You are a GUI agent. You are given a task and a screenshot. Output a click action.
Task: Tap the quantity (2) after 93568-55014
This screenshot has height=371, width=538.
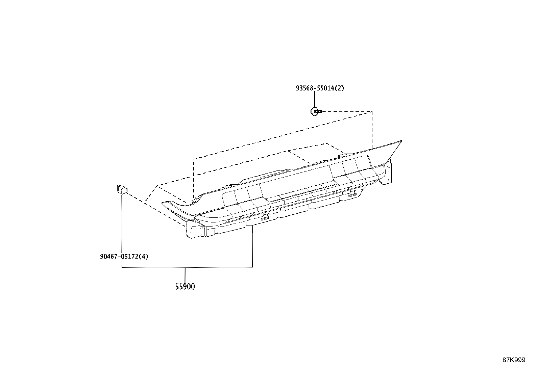coord(339,88)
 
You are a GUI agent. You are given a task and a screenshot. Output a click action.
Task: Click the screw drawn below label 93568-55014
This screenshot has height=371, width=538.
coord(316,111)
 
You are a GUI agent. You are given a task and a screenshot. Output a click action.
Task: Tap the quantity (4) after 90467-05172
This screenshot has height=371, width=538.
coord(144,257)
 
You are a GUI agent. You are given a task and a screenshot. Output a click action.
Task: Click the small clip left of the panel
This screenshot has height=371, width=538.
coord(122,189)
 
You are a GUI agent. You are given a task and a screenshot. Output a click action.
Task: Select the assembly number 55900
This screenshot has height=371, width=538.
coord(185,287)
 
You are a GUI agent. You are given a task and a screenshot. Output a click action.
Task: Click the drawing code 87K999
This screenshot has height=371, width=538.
coord(514,360)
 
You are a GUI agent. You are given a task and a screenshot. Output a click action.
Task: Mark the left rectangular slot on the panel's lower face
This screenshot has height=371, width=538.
coord(265,216)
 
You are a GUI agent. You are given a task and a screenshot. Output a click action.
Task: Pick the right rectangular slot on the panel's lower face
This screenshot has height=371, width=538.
coord(352,193)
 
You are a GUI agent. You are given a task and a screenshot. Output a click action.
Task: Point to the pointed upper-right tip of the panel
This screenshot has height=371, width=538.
coord(401,141)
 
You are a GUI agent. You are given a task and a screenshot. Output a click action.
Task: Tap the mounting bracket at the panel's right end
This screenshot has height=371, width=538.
coord(387,173)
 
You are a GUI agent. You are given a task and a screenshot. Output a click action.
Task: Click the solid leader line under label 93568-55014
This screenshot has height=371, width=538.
coord(315,100)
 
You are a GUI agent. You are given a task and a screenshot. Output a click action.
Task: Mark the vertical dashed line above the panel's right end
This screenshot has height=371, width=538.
coord(372,130)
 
